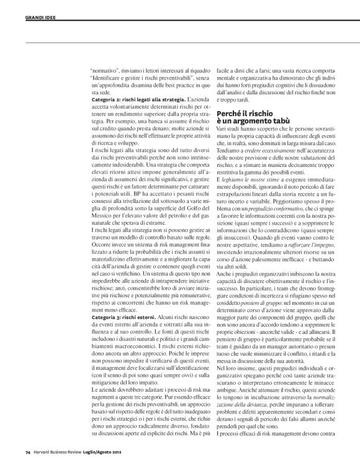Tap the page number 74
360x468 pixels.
pyautogui.click(x=27, y=459)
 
